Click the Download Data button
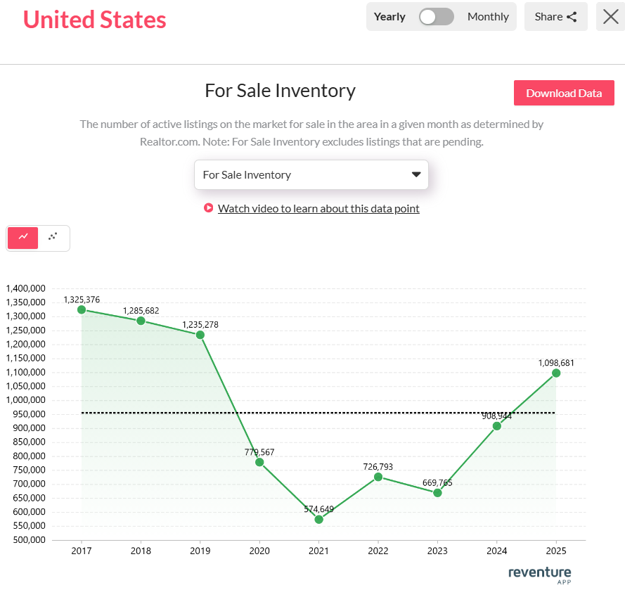(x=564, y=93)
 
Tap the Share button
(x=555, y=17)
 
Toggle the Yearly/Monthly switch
(x=437, y=17)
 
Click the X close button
(x=610, y=17)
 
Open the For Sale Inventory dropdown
(x=311, y=174)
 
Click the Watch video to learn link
(x=318, y=208)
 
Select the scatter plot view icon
(x=53, y=238)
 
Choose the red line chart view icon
(x=23, y=238)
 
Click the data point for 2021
(x=319, y=519)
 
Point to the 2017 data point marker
(x=82, y=309)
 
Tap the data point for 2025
(x=556, y=373)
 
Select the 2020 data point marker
(x=259, y=462)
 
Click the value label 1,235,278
(x=200, y=324)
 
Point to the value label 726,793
(x=378, y=466)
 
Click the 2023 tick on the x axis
(x=437, y=551)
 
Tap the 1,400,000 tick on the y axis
(x=26, y=288)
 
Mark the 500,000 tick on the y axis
(x=26, y=540)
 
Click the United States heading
(x=95, y=20)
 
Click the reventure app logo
(x=539, y=575)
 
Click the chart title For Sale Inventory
(x=280, y=91)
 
